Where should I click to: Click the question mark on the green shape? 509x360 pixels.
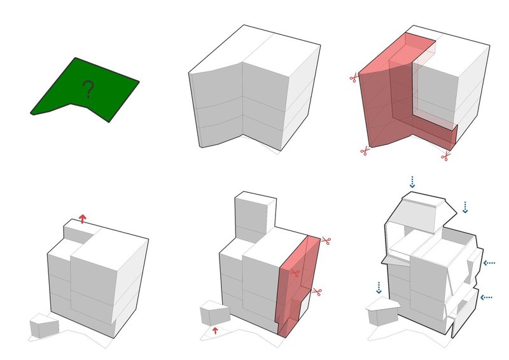[88, 89]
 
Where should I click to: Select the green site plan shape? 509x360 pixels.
[85, 89]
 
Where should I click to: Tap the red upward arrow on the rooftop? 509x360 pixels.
[83, 218]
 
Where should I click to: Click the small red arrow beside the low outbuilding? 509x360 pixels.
[214, 331]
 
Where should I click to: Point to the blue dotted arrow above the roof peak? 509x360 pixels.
[412, 182]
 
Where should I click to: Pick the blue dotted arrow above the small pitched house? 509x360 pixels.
[379, 287]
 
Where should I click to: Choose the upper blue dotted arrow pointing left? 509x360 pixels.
[489, 263]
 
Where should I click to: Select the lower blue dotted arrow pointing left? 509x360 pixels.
[486, 297]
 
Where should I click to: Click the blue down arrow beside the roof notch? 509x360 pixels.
[465, 207]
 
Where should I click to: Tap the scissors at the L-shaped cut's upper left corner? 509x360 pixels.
[354, 78]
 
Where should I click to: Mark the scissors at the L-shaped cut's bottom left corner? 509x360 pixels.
[365, 151]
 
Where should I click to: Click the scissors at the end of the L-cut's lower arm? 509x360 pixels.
[446, 156]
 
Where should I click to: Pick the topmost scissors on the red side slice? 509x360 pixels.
[326, 241]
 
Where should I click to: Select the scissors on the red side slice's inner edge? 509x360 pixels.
[295, 273]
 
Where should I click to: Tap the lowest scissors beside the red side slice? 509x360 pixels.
[317, 291]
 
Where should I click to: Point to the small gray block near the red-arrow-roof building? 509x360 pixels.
[45, 328]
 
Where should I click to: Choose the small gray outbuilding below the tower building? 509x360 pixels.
[215, 313]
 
